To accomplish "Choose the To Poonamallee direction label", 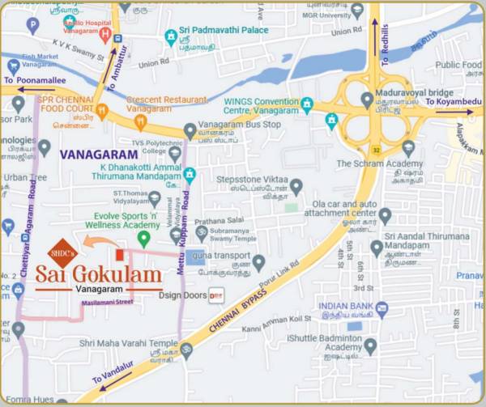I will [32, 81].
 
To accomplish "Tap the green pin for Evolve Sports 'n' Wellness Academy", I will [143, 239].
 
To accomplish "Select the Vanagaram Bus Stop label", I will [238, 125].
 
